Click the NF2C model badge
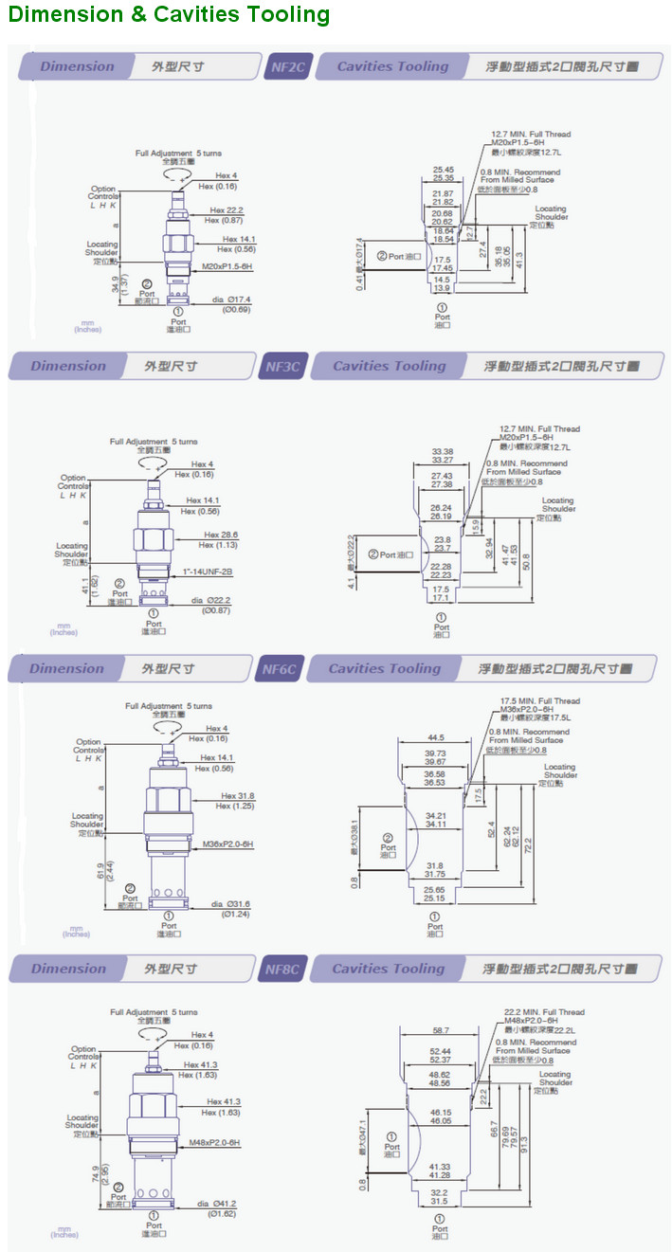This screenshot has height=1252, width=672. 287,67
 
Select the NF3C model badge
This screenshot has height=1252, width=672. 282,367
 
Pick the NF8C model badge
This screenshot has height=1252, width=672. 282,970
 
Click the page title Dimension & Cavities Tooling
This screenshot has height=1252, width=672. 170,15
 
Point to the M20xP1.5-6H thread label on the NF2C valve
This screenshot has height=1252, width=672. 227,266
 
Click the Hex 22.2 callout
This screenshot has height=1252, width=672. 227,210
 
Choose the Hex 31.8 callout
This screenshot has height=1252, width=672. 237,796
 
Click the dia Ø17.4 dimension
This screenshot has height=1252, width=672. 230,299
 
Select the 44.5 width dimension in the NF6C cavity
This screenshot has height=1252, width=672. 435,736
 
